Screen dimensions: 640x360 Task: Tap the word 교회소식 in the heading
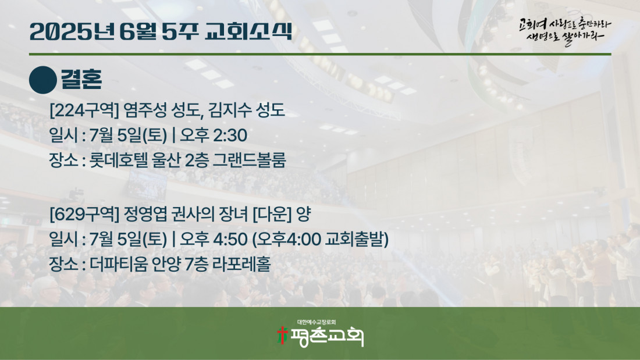248,31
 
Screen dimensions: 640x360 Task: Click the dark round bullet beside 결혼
43,80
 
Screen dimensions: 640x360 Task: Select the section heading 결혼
81,79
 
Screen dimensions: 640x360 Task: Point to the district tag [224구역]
84,110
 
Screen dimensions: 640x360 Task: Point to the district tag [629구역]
84,214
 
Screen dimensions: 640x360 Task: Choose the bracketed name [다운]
272,214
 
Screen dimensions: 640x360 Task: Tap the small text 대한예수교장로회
317,322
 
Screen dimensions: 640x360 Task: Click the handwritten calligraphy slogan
565,31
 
